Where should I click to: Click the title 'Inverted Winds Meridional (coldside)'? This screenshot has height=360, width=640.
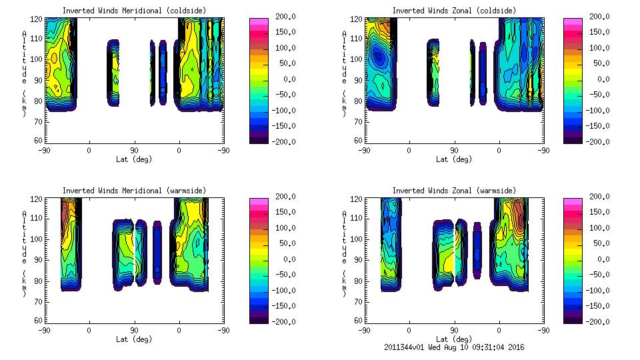coord(134,11)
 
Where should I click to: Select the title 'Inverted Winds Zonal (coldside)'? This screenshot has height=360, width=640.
coord(454,11)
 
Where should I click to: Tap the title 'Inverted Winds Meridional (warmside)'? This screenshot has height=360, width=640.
coord(134,191)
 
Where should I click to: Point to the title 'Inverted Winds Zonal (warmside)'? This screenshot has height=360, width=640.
coord(454,191)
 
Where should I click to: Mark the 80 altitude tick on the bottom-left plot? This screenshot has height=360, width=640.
coord(39,280)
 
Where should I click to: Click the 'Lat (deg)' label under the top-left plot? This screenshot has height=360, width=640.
coord(134,159)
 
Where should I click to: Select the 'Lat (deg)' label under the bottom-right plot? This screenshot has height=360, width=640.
coord(454,339)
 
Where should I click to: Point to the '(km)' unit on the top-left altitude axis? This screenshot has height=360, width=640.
coord(24,103)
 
